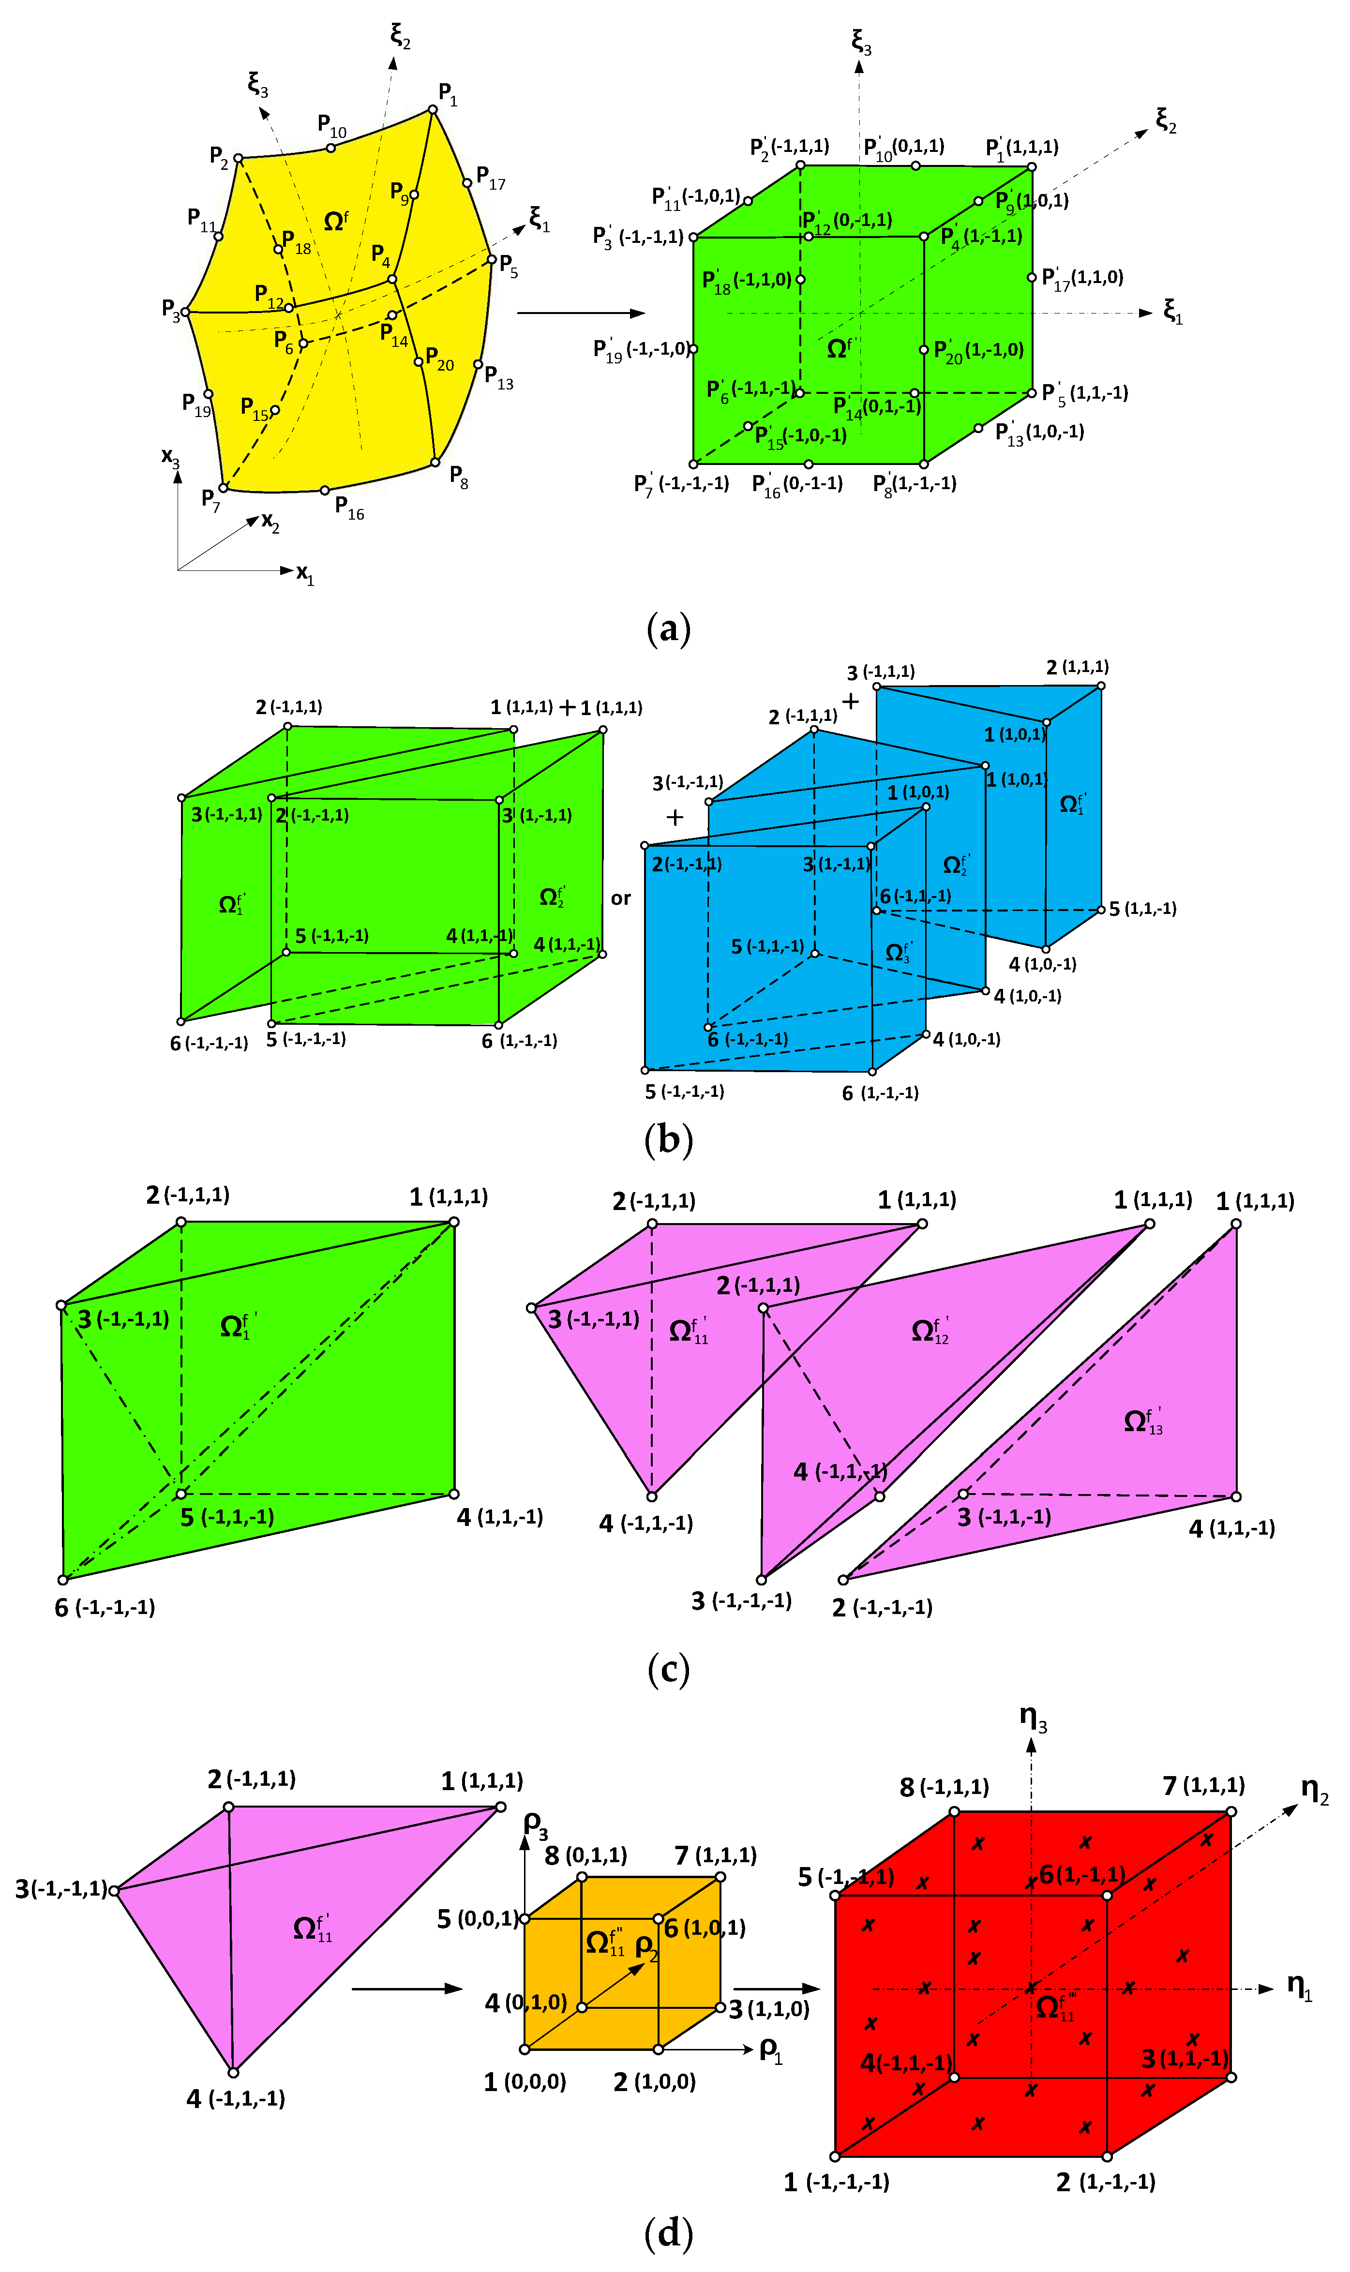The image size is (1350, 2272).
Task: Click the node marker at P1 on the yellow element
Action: pos(433,109)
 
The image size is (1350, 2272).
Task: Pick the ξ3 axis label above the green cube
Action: pos(861,42)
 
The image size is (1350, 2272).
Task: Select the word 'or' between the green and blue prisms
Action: pos(620,898)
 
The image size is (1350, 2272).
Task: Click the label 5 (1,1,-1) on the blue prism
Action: pos(1141,909)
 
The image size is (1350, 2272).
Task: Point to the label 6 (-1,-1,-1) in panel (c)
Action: pos(105,1608)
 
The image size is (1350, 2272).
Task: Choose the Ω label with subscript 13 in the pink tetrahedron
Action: pos(1143,1420)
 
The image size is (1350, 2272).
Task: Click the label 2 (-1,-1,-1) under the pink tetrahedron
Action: pos(882,1608)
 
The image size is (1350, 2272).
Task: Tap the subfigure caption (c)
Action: pos(669,1669)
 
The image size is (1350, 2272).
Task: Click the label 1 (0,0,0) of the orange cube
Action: pos(525,2082)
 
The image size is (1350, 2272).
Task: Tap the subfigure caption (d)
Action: pos(669,2233)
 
